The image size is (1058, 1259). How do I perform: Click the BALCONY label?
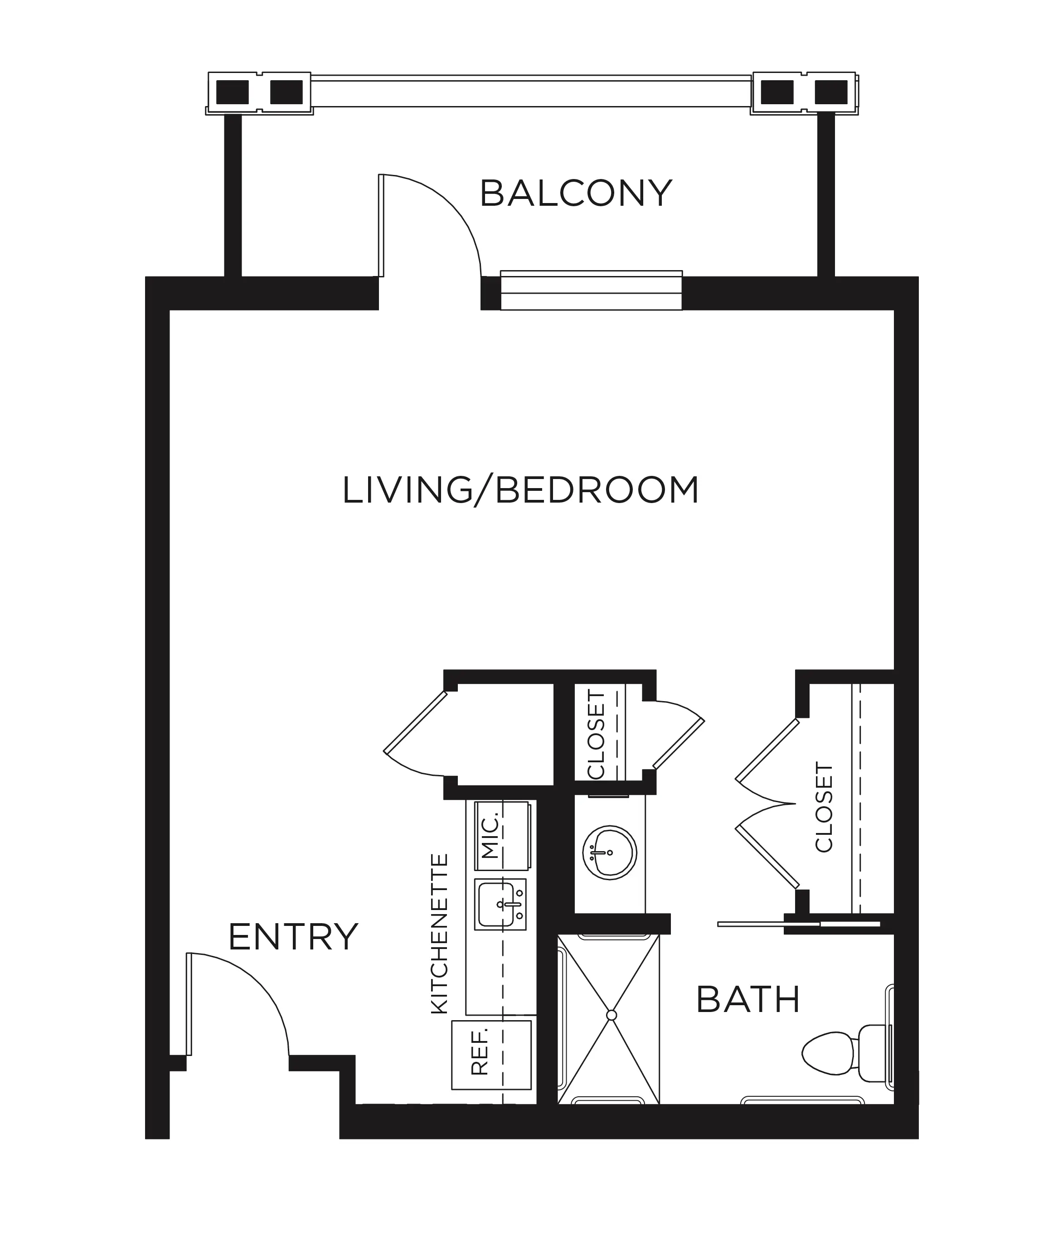(576, 194)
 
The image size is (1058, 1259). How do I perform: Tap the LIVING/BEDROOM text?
(520, 490)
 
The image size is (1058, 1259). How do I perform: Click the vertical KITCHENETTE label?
(440, 934)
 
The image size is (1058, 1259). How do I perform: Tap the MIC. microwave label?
(490, 836)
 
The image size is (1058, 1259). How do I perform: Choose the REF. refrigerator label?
(480, 1051)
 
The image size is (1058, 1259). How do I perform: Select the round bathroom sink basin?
(609, 852)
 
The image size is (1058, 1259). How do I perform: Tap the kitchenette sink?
(500, 905)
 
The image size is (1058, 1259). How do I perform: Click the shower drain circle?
(611, 1015)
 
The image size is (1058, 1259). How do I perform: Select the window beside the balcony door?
(591, 291)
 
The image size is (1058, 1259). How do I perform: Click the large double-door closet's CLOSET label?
(824, 807)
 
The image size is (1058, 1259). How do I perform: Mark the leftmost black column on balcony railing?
(232, 92)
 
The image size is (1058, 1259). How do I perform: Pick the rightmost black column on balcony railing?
(831, 92)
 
